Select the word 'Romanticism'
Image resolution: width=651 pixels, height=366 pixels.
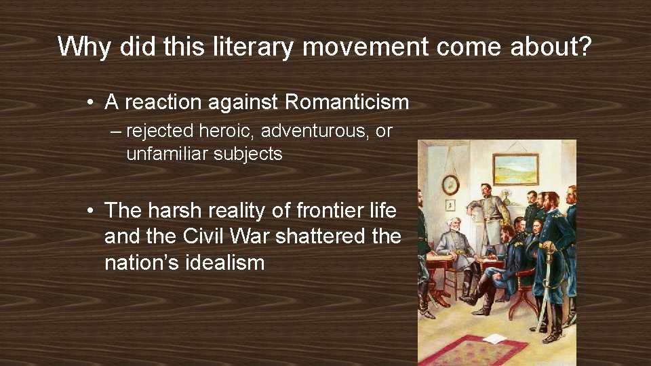pyautogui.click(x=347, y=102)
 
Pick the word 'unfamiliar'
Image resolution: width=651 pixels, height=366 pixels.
pyautogui.click(x=167, y=154)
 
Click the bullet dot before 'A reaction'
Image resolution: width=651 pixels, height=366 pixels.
pyautogui.click(x=90, y=103)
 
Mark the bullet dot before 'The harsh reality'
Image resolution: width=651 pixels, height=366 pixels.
pyautogui.click(x=90, y=211)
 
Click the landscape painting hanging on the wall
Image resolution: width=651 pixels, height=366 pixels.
pyautogui.click(x=515, y=169)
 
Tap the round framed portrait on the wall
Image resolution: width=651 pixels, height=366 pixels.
pyautogui.click(x=450, y=184)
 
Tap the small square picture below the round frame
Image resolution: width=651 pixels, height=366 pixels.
pyautogui.click(x=450, y=205)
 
